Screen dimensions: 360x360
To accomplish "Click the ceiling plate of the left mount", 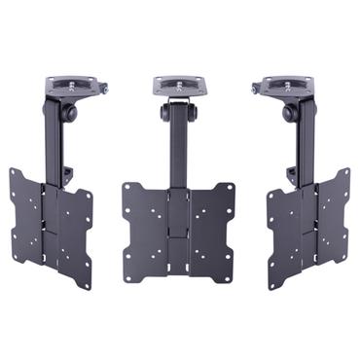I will tap(75, 85).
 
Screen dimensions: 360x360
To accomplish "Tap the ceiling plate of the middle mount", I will tap(180, 86).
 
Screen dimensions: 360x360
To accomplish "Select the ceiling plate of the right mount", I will tap(285, 85).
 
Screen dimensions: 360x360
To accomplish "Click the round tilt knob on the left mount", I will tap(71, 112).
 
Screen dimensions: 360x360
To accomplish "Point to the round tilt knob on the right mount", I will tap(289, 112).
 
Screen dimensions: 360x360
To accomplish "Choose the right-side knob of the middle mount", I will tap(197, 113).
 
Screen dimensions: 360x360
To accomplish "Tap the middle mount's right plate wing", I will tap(213, 229).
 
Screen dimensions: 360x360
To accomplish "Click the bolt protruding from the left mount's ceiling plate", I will tap(104, 90).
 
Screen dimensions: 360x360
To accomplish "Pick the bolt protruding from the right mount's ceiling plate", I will tap(255, 90).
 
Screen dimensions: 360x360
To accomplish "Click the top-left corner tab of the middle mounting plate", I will tap(127, 188).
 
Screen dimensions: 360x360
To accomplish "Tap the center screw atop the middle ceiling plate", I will tap(180, 82).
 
